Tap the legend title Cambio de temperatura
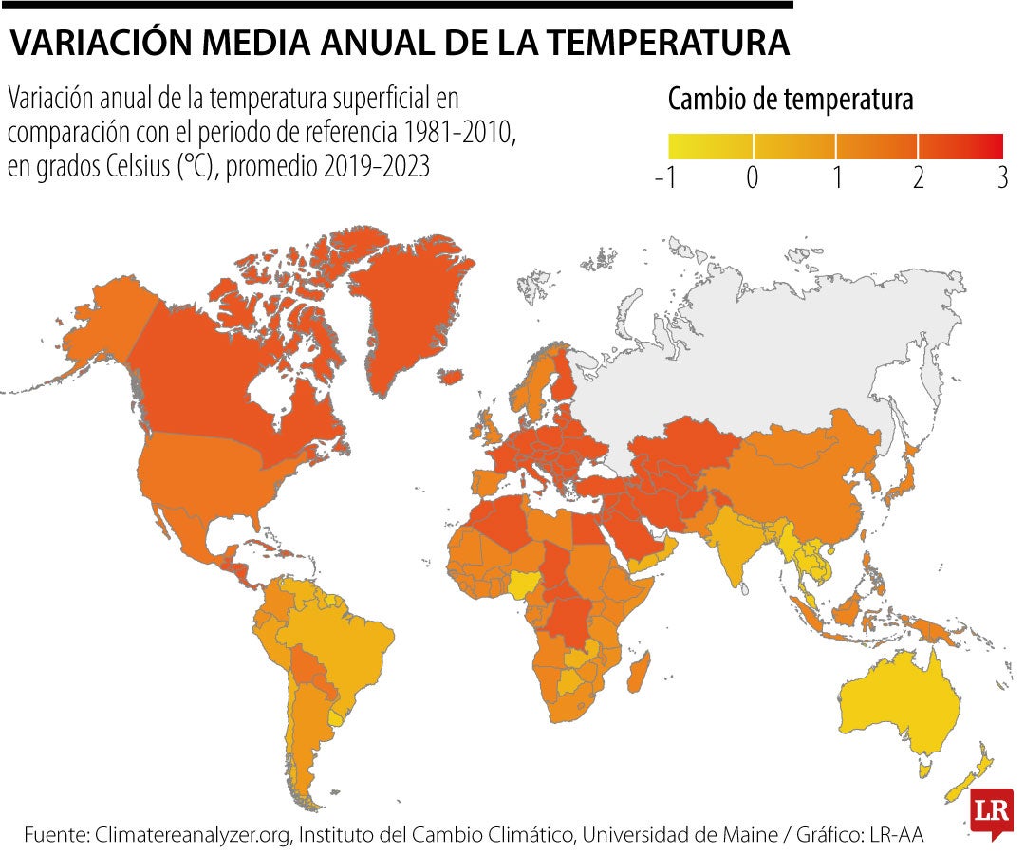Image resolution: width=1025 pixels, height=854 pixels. click(x=791, y=100)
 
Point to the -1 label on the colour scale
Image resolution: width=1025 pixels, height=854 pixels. click(x=666, y=177)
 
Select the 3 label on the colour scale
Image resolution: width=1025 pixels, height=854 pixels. click(x=1001, y=177)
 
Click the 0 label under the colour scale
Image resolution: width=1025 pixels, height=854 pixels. click(x=753, y=177)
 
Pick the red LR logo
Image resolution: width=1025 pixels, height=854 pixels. click(x=992, y=812)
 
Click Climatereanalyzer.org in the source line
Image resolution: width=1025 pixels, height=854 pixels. click(x=194, y=835)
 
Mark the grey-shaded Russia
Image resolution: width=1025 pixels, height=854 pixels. click(x=778, y=361)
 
